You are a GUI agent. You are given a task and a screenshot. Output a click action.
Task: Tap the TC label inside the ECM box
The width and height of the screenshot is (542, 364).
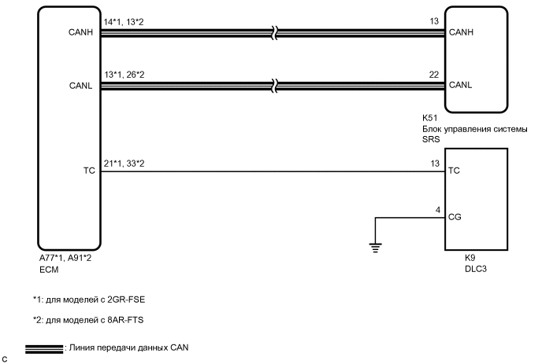coord(87,169)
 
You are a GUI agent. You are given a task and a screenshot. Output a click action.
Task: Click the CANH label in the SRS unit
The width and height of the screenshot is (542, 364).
coord(460,33)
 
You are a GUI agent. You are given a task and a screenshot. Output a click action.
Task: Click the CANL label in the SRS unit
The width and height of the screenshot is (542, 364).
coord(459,84)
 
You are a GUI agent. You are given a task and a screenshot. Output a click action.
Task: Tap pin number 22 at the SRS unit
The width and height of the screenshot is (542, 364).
coord(434,75)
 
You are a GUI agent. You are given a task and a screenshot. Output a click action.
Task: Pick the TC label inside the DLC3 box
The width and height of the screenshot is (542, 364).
coord(453,169)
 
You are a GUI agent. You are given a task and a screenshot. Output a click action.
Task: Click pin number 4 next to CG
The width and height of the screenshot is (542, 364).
coord(437,209)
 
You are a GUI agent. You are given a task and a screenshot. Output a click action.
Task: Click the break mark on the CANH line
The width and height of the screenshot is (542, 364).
coord(272,33)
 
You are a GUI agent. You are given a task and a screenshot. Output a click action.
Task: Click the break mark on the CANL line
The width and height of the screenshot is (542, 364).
coord(272,84)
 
